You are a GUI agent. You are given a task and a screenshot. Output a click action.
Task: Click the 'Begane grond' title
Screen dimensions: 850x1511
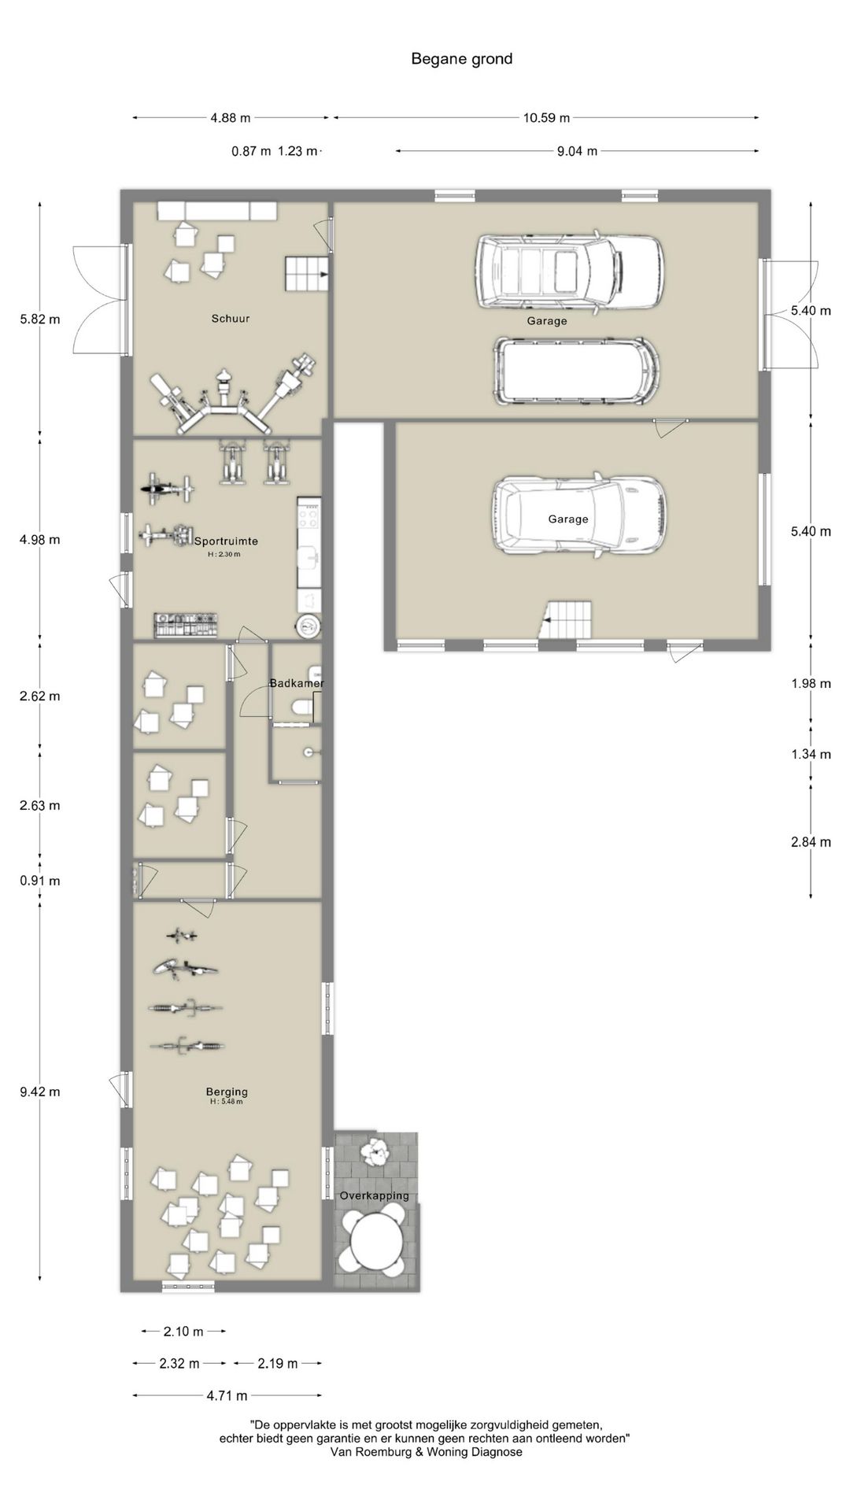(x=461, y=59)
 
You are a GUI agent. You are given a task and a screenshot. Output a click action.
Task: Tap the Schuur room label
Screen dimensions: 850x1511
(x=231, y=319)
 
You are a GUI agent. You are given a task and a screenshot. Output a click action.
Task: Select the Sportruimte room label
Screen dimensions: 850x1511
(x=226, y=541)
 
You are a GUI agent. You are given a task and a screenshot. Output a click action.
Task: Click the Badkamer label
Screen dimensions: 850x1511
(x=297, y=683)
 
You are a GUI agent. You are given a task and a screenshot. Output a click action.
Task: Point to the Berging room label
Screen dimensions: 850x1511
(x=227, y=1092)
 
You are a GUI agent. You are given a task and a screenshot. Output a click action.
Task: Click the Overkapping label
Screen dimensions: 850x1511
(x=375, y=1195)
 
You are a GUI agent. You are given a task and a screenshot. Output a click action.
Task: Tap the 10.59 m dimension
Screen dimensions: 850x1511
(x=546, y=118)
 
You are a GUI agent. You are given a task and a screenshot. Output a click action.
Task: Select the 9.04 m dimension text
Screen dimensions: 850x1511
(x=577, y=151)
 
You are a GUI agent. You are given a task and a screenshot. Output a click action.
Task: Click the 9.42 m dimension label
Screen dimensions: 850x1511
(x=40, y=1092)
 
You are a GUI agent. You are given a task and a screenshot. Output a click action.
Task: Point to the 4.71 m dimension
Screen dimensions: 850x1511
(x=227, y=1395)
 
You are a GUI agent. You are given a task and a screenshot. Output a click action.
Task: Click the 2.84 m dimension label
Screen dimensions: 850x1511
(x=811, y=842)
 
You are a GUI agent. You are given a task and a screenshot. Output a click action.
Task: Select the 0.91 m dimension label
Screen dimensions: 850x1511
(x=40, y=881)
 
